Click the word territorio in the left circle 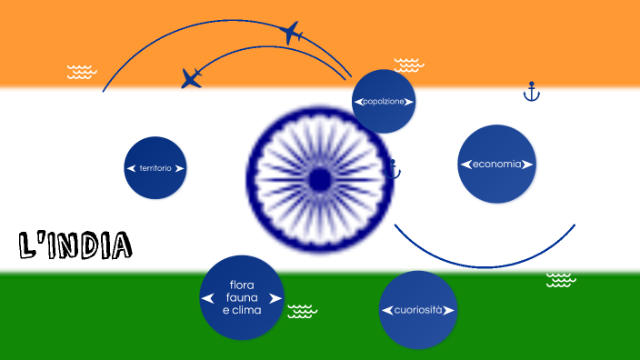(x=155, y=168)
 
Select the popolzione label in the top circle (x=383, y=102)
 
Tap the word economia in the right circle (x=496, y=165)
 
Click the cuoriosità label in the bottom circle (x=418, y=310)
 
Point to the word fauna (x=241, y=297)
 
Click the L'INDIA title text (x=75, y=244)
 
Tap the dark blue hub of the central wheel (x=319, y=179)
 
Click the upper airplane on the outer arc (x=291, y=33)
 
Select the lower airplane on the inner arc (x=192, y=78)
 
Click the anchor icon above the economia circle (x=532, y=91)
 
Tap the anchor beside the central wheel (x=393, y=168)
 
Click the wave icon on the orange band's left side (x=82, y=72)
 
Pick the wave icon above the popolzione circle (x=408, y=65)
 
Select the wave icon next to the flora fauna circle (x=302, y=312)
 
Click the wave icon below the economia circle (x=560, y=280)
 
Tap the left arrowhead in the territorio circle (x=131, y=168)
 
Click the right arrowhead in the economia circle (x=528, y=165)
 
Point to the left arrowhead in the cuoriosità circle (x=387, y=310)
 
